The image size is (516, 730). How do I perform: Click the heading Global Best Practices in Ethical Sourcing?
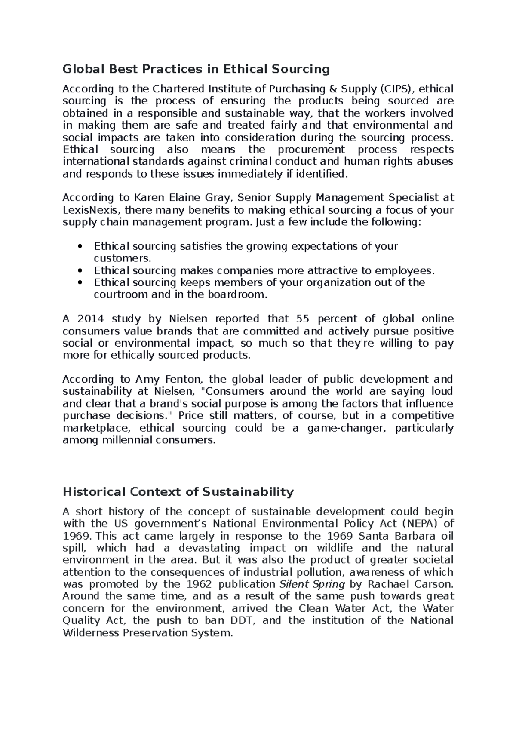pyautogui.click(x=196, y=69)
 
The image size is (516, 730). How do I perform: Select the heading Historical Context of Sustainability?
pyautogui.click(x=178, y=492)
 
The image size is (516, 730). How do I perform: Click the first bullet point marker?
pyautogui.click(x=80, y=247)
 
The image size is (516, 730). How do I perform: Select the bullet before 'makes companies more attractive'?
pyautogui.click(x=80, y=271)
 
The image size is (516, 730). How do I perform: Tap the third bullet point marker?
pyautogui.click(x=80, y=283)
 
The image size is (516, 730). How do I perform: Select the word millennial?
pyautogui.click(x=127, y=440)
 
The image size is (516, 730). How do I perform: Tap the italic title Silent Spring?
pyautogui.click(x=312, y=584)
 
